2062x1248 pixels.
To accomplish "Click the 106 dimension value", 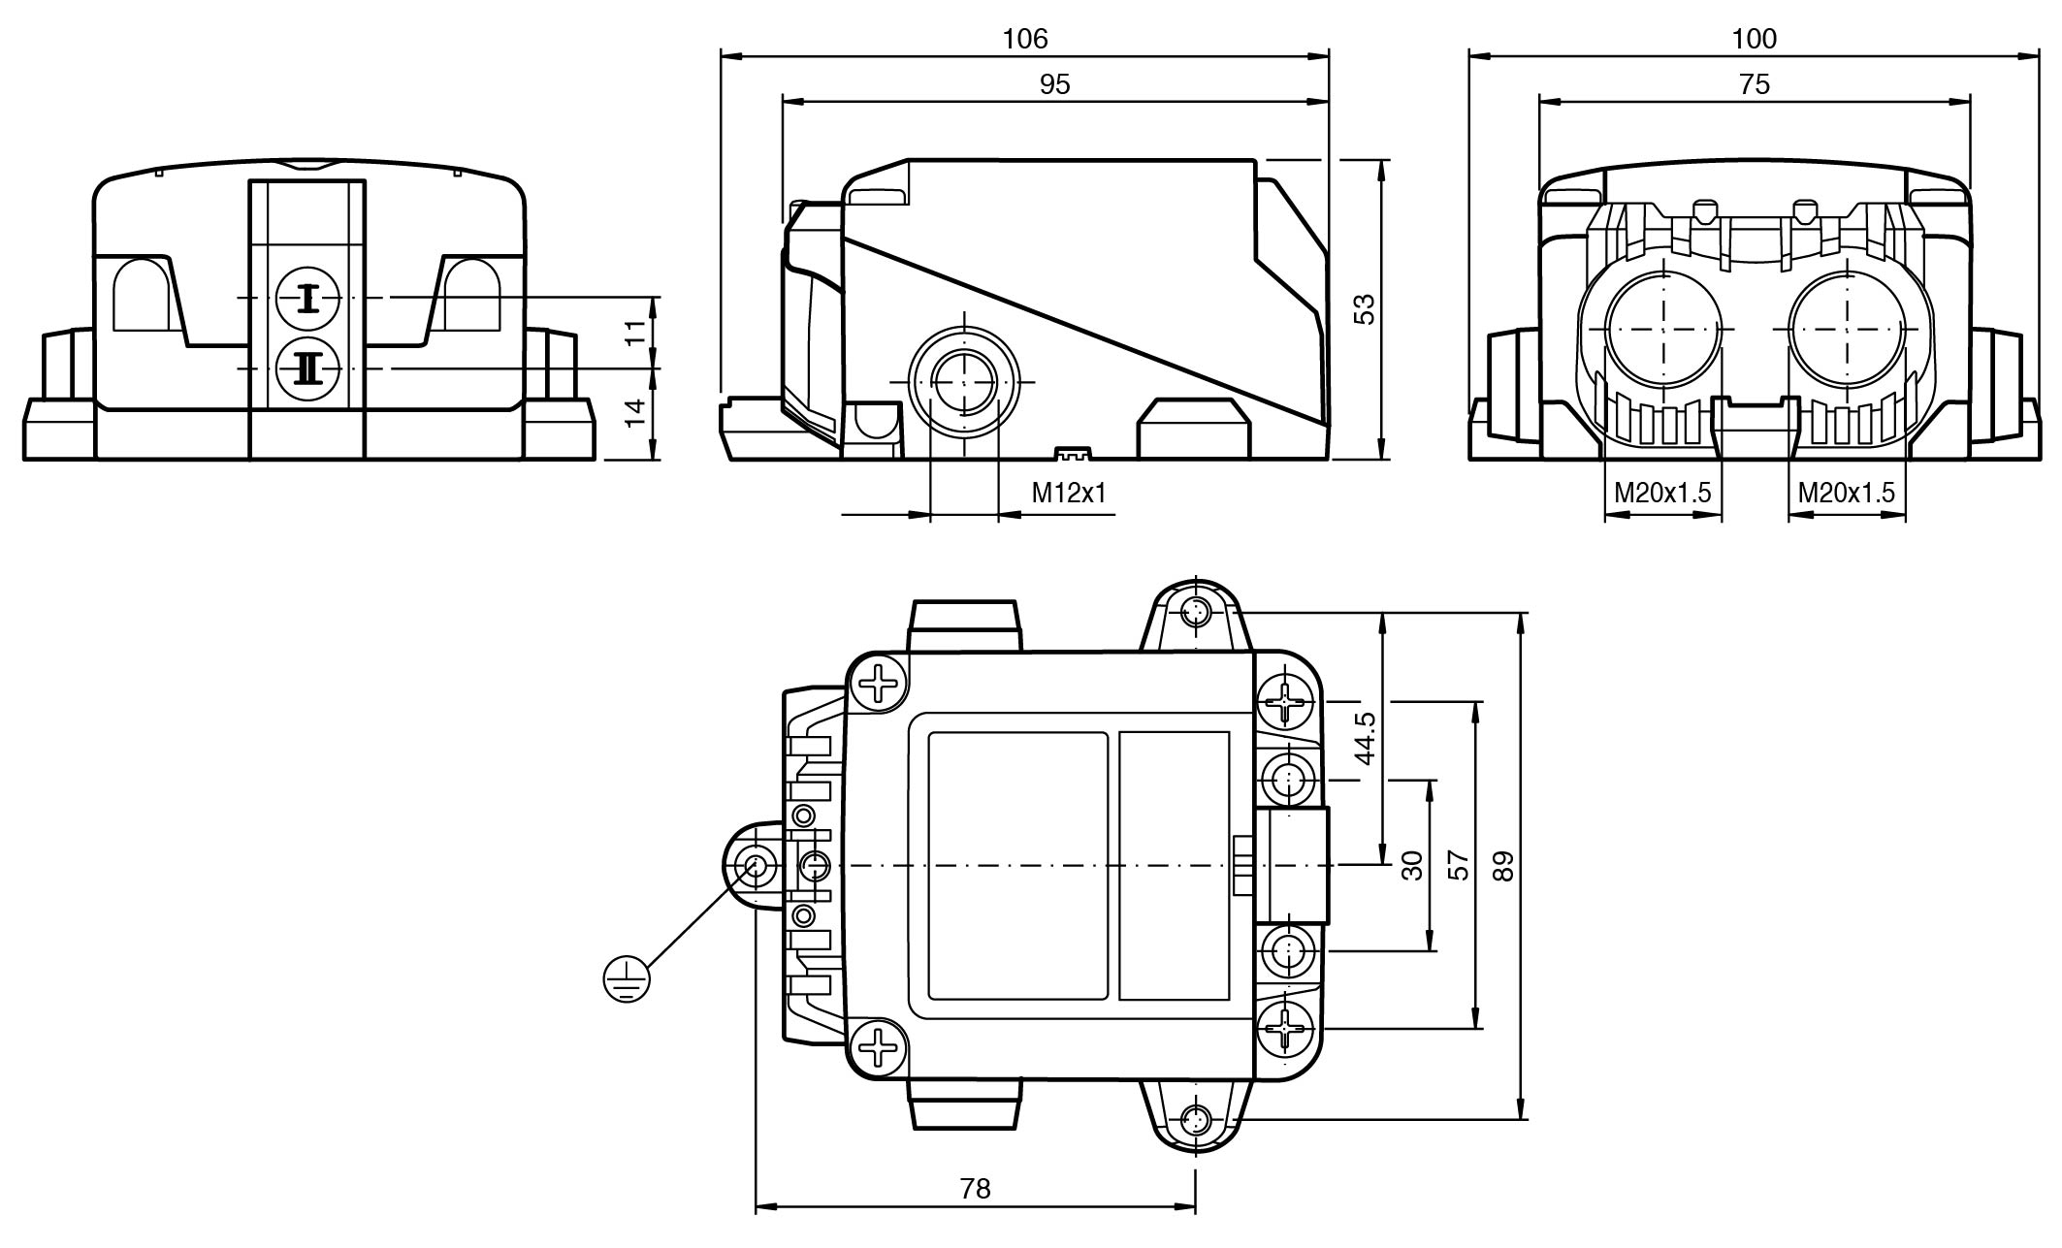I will tap(1025, 39).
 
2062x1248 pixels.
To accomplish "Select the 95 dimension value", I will tap(1054, 85).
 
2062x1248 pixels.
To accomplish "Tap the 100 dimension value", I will tap(1755, 39).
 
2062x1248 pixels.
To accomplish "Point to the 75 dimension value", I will tap(1755, 85).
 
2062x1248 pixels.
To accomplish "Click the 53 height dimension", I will tap(1365, 309).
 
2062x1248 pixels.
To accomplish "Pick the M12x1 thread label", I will tap(1069, 494).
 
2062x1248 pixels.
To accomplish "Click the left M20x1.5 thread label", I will tap(1662, 494).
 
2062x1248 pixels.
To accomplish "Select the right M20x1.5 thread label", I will tap(1846, 494).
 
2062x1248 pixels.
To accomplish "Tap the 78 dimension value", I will tap(976, 1188).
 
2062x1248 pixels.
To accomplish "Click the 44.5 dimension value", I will tap(1365, 738).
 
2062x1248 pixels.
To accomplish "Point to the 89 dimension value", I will tap(1502, 866).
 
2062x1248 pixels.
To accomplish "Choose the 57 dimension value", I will tap(1458, 866).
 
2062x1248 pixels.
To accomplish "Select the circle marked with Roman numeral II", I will tap(307, 368).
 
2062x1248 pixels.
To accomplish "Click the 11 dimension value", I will tap(634, 334).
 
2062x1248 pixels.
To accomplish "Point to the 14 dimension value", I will tap(634, 413).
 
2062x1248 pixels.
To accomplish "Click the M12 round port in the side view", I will tap(964, 383).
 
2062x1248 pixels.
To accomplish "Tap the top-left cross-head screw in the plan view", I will tap(880, 683).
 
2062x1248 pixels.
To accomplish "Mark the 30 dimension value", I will tap(1412, 866).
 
